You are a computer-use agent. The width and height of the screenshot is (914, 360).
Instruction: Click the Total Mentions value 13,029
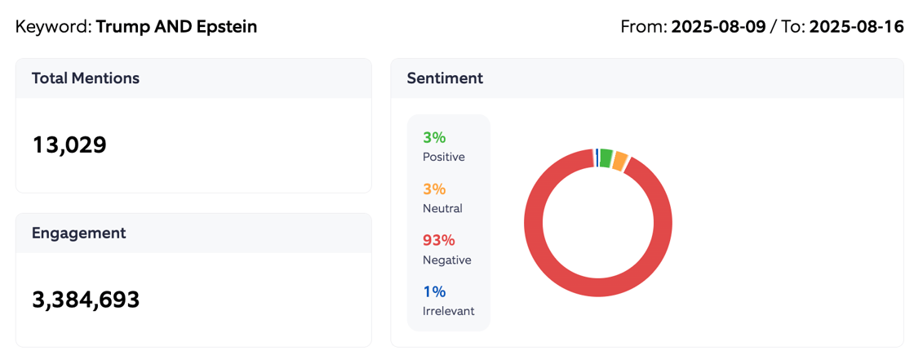69,145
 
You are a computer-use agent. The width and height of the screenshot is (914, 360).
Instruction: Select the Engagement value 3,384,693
86,300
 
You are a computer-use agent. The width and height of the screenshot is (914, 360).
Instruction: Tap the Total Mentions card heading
85,78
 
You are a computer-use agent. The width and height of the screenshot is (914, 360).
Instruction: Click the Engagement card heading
78,233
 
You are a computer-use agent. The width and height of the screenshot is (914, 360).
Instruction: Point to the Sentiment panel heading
445,78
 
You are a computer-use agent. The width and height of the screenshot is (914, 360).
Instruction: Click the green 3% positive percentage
434,138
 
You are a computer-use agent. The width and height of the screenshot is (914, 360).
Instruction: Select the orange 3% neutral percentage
434,189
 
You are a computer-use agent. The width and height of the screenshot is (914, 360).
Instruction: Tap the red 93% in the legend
438,241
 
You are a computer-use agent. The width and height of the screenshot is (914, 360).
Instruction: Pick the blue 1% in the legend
434,291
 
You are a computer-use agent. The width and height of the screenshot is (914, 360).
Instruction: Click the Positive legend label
443,157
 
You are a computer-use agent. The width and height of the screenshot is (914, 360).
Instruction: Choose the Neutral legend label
442,208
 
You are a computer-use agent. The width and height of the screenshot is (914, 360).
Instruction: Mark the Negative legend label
446,260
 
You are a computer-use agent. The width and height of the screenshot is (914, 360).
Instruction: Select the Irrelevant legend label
448,311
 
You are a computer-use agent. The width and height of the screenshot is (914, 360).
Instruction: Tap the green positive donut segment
606,158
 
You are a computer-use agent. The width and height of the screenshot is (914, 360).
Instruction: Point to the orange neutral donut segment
620,162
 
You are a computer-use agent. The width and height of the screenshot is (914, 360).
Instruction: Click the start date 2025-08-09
718,27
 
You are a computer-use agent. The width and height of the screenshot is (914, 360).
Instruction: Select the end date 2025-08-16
857,27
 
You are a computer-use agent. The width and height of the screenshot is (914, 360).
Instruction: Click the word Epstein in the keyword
227,27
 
